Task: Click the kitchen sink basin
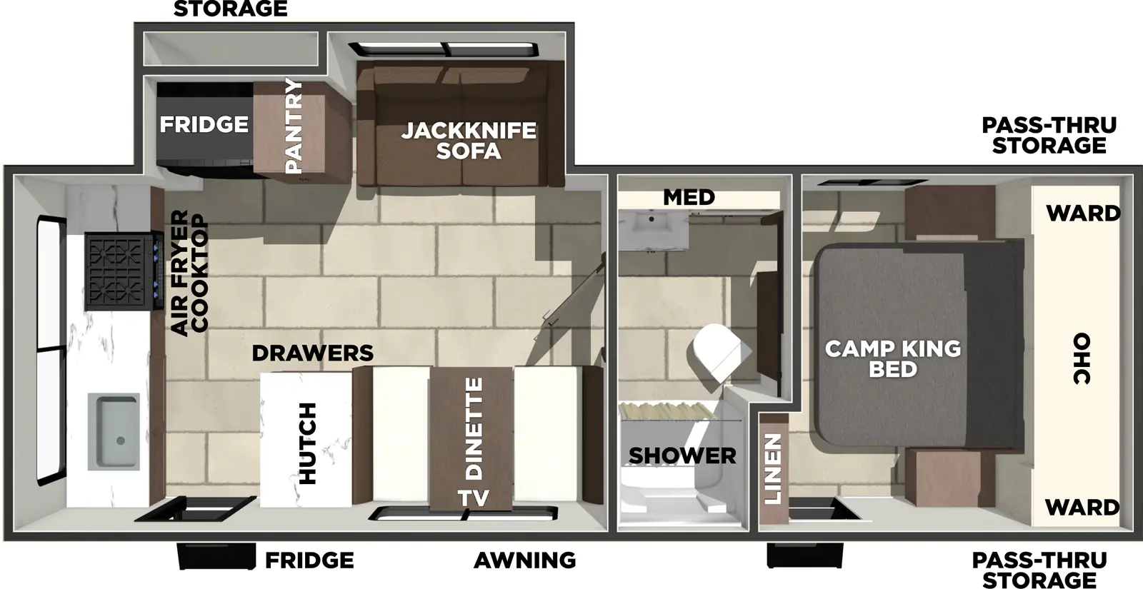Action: pyautogui.click(x=114, y=431)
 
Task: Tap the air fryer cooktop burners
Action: pyautogui.click(x=118, y=271)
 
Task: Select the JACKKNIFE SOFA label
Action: pyautogui.click(x=468, y=141)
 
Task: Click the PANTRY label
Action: pyautogui.click(x=294, y=126)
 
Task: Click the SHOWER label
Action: pyautogui.click(x=682, y=455)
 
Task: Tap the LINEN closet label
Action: pyautogui.click(x=773, y=469)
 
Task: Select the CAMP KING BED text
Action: pyautogui.click(x=892, y=358)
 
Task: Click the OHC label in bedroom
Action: pyautogui.click(x=1082, y=358)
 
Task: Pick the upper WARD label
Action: pyautogui.click(x=1083, y=213)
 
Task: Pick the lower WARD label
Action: pyautogui.click(x=1082, y=508)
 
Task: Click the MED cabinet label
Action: pyautogui.click(x=689, y=197)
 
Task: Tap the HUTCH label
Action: pyautogui.click(x=306, y=443)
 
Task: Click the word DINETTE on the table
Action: pyautogui.click(x=474, y=428)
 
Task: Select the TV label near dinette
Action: pyautogui.click(x=473, y=498)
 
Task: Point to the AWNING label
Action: pyautogui.click(x=524, y=560)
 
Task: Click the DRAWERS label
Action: pyautogui.click(x=312, y=353)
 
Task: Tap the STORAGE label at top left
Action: pyautogui.click(x=230, y=9)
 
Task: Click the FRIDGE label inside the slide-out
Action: pyautogui.click(x=204, y=124)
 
